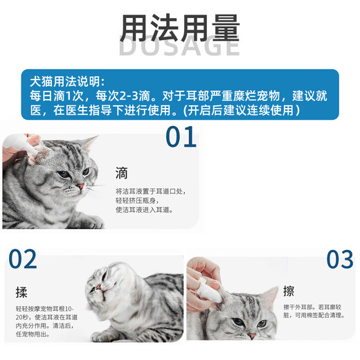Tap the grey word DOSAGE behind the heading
click(x=180, y=47)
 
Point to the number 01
click(x=181, y=137)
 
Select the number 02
click(x=23, y=260)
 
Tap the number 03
click(x=340, y=260)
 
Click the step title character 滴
click(x=122, y=172)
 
